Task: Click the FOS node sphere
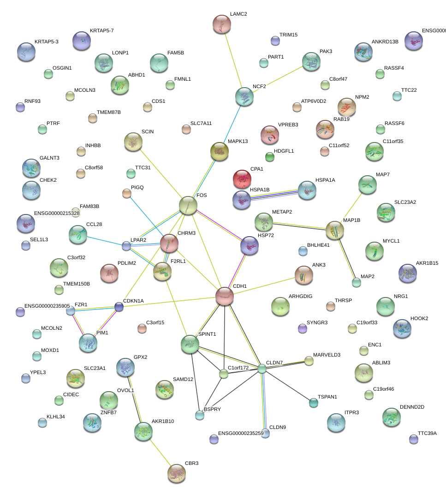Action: click(x=188, y=205)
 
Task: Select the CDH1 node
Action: click(x=225, y=296)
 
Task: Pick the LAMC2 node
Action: click(x=222, y=24)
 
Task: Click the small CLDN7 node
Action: click(x=262, y=369)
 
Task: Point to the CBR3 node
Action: click(x=176, y=472)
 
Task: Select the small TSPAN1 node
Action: click(x=314, y=403)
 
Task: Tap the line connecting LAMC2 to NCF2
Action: click(x=233, y=60)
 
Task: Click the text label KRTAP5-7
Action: click(x=102, y=30)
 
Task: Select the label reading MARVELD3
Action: click(x=327, y=355)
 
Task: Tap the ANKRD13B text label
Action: click(x=385, y=42)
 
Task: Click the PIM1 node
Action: click(x=88, y=342)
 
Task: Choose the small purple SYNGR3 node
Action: click(x=302, y=328)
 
